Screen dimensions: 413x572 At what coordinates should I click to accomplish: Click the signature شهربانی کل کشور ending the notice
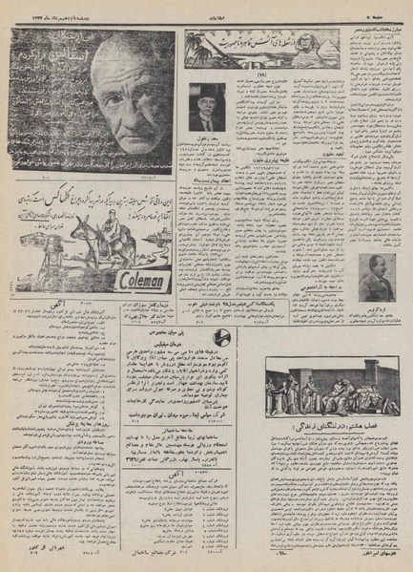point(43,548)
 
